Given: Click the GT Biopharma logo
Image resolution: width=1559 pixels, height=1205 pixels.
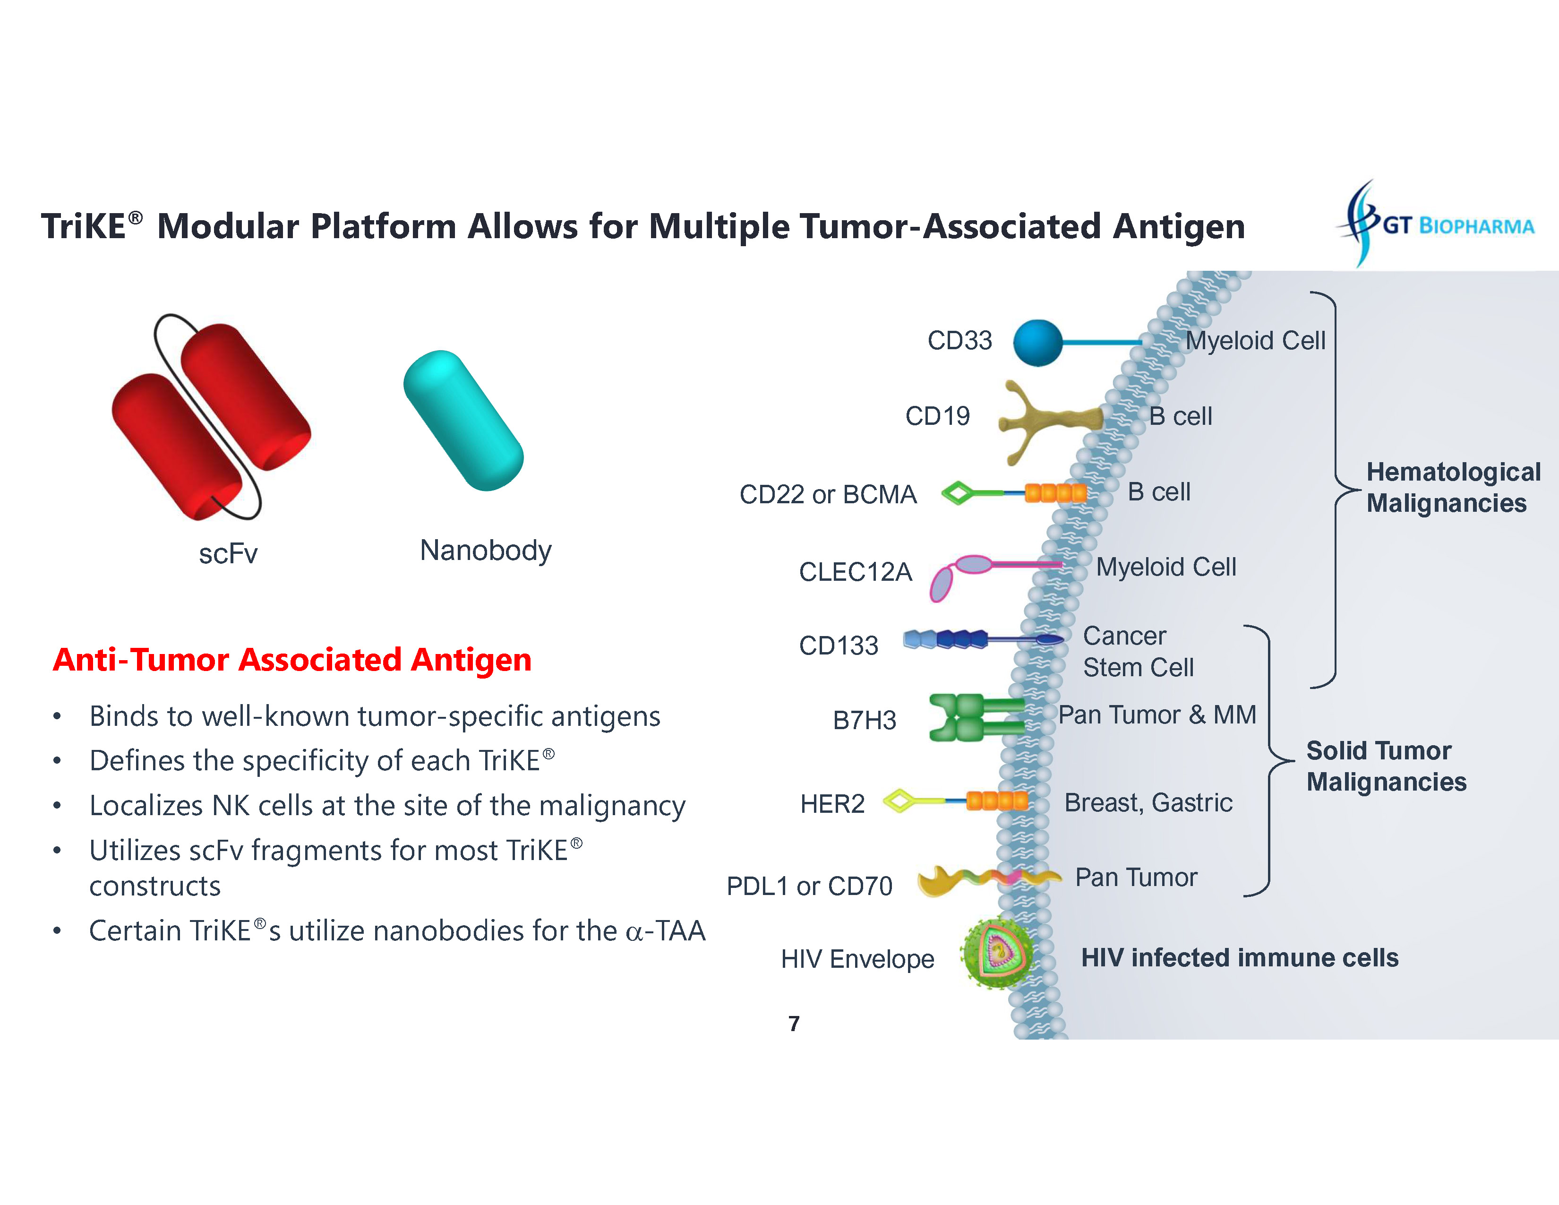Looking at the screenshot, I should tap(1435, 224).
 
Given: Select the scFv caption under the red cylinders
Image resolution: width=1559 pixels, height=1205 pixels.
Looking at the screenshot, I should tap(228, 554).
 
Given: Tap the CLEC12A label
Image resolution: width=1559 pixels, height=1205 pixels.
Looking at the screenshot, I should tap(855, 572).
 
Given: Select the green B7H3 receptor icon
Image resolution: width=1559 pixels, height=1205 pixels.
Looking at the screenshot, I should tap(971, 717).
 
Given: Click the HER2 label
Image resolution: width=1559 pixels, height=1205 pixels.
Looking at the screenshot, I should tap(832, 804).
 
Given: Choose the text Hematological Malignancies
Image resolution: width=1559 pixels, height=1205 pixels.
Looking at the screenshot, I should tap(1453, 488).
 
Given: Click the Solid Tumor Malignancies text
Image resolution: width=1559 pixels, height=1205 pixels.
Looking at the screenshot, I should tap(1386, 766).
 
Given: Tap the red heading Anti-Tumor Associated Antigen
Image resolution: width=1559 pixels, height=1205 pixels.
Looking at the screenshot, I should tap(292, 660).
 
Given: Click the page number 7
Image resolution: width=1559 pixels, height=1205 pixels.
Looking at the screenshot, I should tap(794, 1024).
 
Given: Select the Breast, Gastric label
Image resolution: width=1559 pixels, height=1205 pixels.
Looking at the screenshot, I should tap(1148, 803).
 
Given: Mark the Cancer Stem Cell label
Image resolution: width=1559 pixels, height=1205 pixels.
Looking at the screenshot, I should tap(1138, 652).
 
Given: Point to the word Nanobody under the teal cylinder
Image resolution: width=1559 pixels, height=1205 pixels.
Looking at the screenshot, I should tap(485, 551).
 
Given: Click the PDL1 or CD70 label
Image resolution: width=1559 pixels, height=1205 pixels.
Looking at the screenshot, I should tap(809, 886).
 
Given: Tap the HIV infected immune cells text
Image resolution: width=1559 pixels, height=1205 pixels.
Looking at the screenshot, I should tap(1239, 958).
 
